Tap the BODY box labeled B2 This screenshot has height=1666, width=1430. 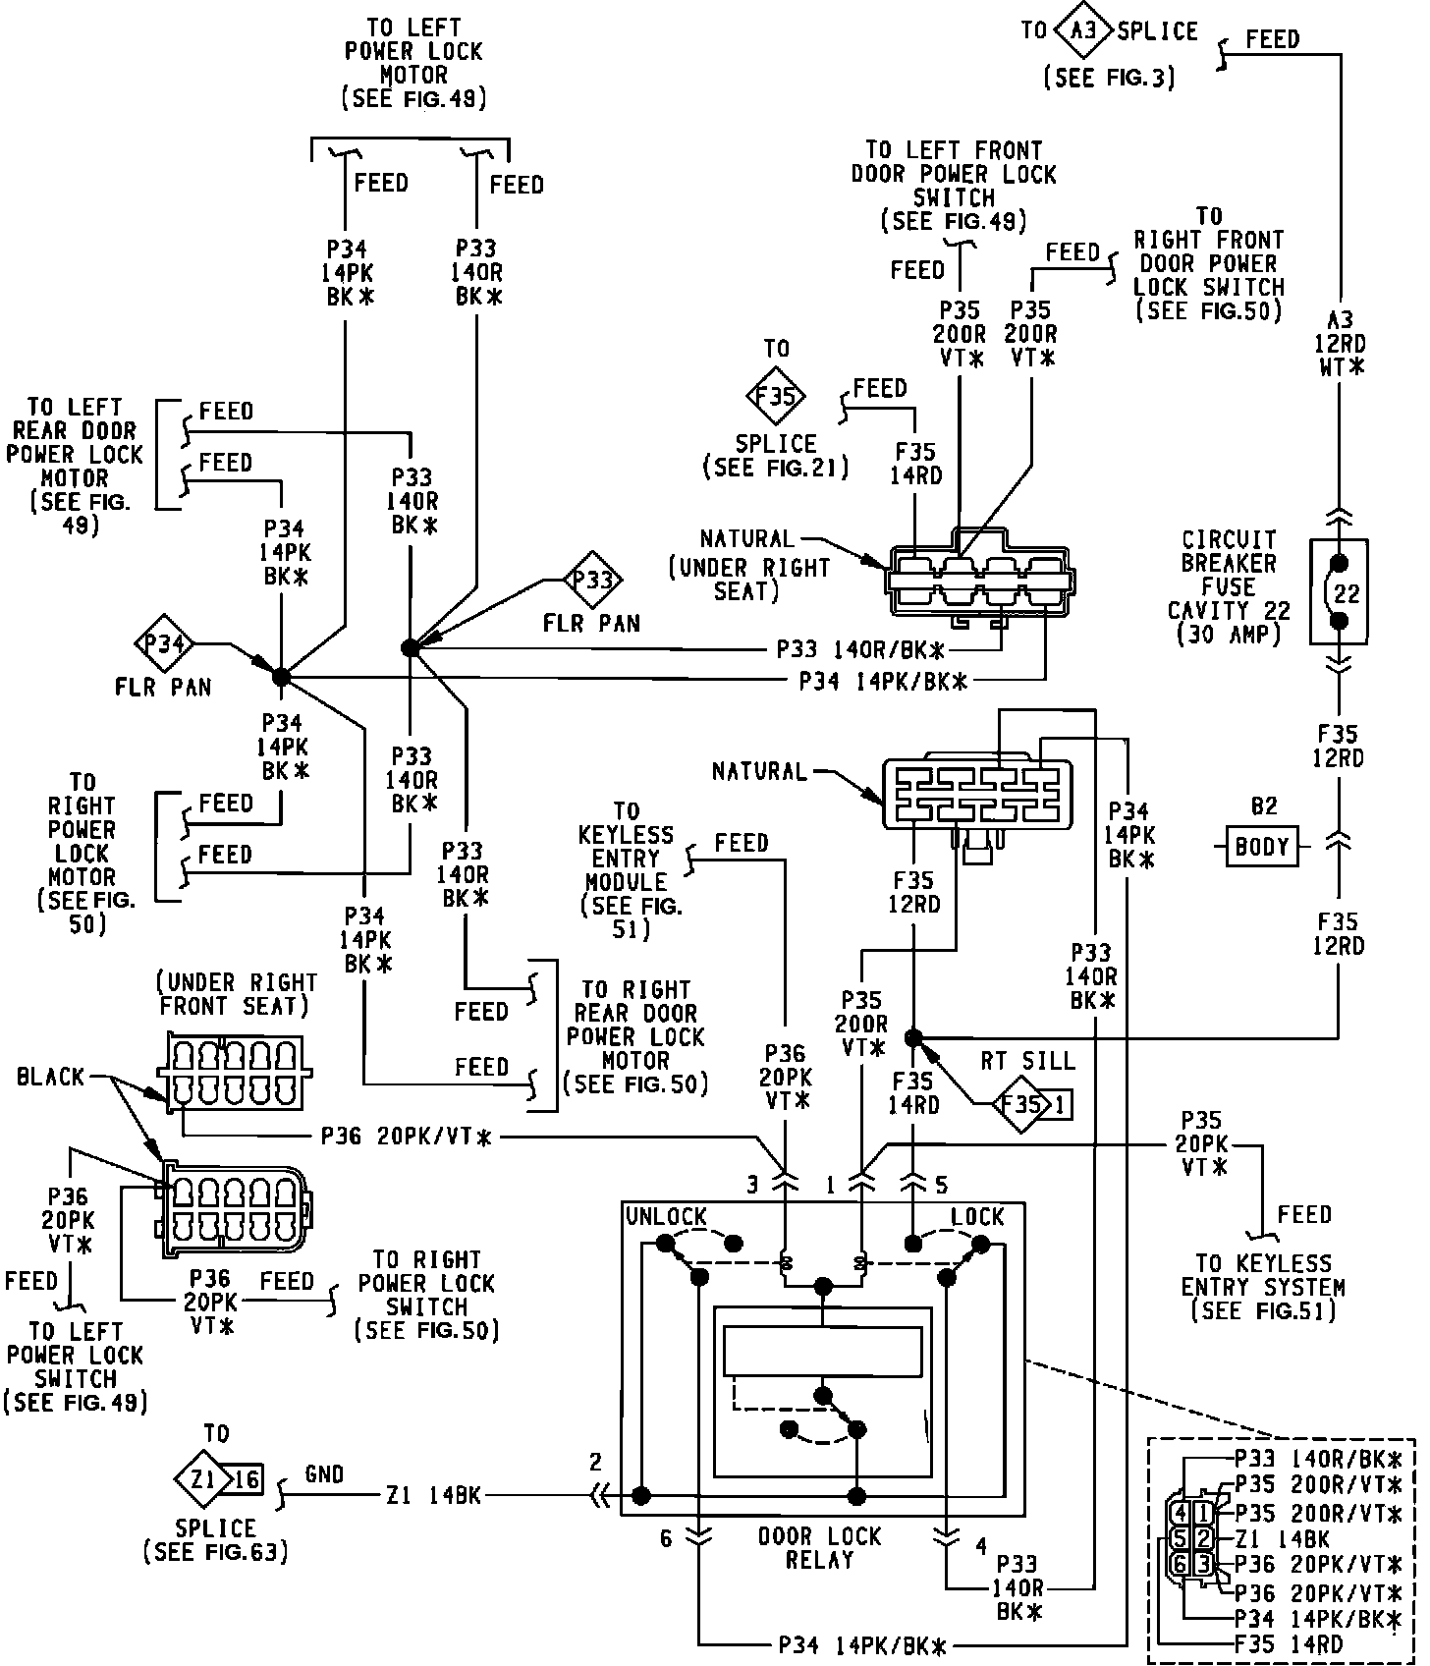(1261, 847)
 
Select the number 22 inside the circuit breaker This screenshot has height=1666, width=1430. (1347, 593)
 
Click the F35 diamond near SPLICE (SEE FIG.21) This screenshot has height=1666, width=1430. (776, 397)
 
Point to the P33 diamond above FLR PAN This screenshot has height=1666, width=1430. (593, 581)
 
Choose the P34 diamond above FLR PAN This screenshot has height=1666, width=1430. (164, 644)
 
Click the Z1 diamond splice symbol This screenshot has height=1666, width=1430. (203, 1477)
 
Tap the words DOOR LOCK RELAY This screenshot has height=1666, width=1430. (820, 1548)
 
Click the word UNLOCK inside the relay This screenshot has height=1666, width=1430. (666, 1216)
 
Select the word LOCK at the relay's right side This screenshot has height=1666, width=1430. (977, 1216)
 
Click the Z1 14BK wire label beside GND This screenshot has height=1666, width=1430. (434, 1495)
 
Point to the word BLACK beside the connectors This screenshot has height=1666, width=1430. (51, 1077)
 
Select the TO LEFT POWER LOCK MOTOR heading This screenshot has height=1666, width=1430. (413, 51)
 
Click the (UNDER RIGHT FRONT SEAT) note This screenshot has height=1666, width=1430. (237, 994)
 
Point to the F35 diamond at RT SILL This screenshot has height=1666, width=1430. (1020, 1105)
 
